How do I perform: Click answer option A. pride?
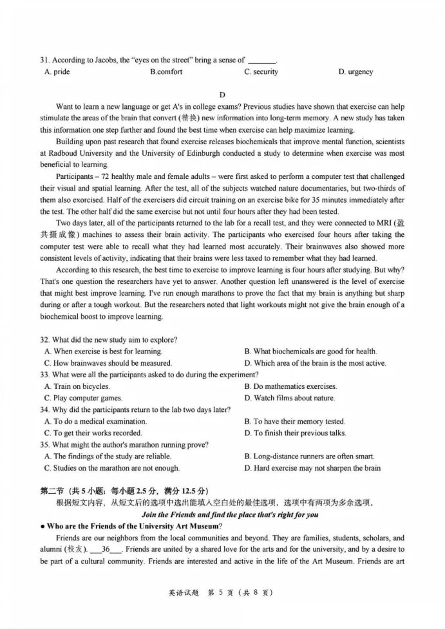[57, 72]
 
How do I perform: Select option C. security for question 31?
[261, 72]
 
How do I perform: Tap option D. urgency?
[355, 72]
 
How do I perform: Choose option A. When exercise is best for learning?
[103, 352]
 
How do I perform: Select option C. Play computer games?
[83, 398]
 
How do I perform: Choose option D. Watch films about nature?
[289, 398]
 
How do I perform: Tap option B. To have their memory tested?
[295, 421]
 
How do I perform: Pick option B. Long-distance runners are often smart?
[309, 456]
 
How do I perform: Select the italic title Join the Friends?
[222, 514]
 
